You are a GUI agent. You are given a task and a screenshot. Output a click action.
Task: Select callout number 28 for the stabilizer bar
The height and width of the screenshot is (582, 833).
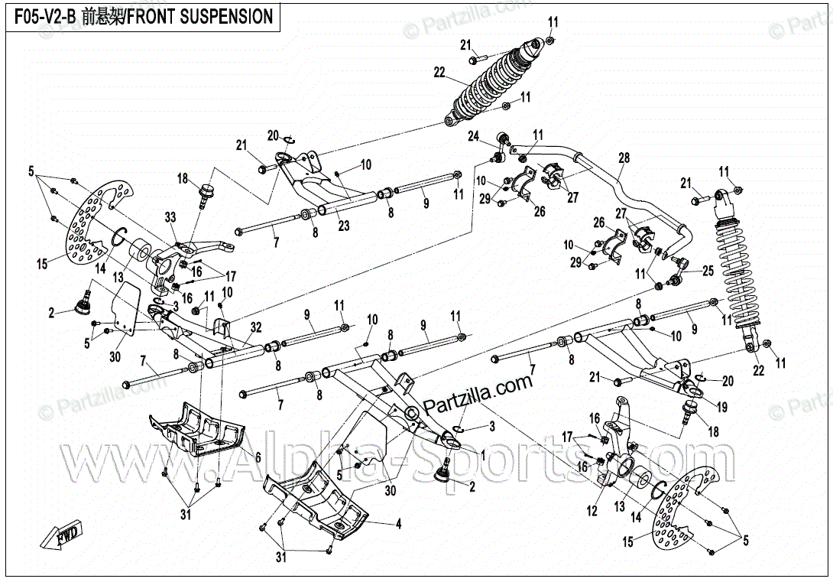(x=624, y=158)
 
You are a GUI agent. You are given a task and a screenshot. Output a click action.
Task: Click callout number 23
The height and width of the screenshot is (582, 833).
(x=343, y=226)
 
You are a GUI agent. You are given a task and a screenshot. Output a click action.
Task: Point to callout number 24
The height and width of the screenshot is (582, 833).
(x=474, y=137)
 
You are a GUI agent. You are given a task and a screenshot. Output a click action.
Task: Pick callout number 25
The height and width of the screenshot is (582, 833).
(x=708, y=271)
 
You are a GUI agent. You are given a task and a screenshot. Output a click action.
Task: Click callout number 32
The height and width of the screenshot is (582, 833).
(x=255, y=327)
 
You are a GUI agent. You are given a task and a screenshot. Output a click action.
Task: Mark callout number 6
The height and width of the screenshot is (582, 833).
(x=258, y=457)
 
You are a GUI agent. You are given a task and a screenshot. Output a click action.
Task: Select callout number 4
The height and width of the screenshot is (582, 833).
(x=398, y=525)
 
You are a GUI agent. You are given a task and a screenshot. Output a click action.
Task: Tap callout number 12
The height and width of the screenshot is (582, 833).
(x=592, y=512)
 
